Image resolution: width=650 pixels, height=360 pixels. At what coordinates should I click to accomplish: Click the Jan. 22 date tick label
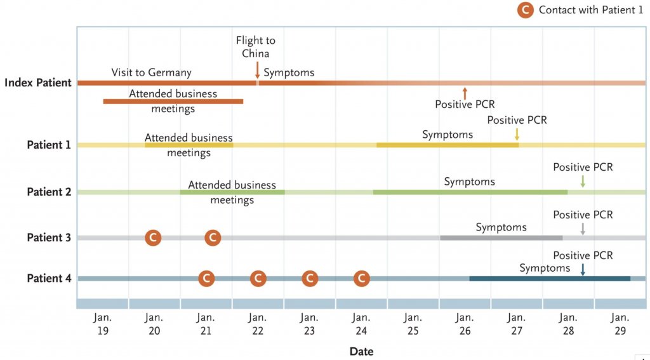pos(257,323)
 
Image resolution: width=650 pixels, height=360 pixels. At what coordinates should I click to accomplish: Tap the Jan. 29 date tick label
pos(620,323)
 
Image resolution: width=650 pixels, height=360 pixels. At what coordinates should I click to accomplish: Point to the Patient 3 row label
pos(49,237)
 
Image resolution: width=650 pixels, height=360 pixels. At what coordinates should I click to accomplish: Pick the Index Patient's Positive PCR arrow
pos(465,93)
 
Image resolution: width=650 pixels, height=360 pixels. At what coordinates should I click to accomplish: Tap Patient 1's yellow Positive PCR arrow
pos(517,134)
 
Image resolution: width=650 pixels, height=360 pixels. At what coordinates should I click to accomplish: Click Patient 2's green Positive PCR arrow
pos(583,181)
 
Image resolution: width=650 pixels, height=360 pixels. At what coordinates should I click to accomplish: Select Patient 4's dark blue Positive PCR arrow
pos(583,269)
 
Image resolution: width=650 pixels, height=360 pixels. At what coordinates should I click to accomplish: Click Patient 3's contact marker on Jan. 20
pos(153,237)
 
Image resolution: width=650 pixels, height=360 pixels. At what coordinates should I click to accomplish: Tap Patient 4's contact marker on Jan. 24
pos(361,278)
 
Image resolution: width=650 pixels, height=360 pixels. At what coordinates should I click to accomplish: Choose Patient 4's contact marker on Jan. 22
pos(257,278)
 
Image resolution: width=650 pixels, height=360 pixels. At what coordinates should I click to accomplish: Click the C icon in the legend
pos(525,10)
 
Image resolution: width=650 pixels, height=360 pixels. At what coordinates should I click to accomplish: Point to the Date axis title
pos(361,351)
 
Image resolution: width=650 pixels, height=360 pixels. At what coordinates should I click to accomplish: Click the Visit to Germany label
pos(151,72)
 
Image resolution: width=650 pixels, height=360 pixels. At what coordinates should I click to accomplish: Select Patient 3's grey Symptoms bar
pos(501,237)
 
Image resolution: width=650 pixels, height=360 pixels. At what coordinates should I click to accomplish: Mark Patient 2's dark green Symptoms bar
pos(470,192)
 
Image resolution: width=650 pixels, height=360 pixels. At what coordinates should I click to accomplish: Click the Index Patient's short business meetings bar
pos(173,101)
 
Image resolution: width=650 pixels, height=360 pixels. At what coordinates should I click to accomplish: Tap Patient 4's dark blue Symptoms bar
pos(549,278)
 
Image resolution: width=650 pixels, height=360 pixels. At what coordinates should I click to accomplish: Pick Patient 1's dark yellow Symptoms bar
pos(447,145)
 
